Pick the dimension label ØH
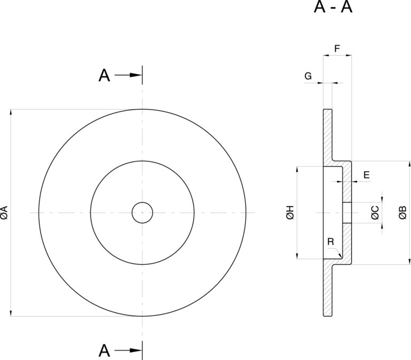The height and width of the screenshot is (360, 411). (290, 212)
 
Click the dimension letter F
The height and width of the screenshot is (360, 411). (337, 49)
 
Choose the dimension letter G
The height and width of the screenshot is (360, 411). (308, 76)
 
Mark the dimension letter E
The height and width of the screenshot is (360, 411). (366, 175)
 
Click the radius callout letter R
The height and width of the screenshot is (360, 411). (331, 242)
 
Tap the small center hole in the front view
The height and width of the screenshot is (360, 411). (142, 213)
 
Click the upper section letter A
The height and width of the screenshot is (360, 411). (104, 76)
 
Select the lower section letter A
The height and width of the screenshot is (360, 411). (104, 351)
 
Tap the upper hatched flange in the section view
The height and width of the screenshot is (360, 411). (327, 134)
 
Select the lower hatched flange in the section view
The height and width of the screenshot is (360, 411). (327, 292)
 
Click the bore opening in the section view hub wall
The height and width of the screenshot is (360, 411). (347, 213)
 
